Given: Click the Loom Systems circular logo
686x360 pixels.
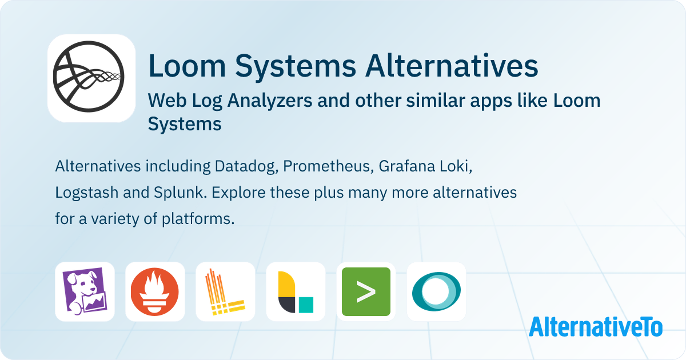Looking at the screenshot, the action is pos(89,77).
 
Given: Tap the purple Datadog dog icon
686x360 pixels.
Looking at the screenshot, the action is pos(85,291).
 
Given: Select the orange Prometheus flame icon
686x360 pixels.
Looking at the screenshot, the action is pos(155,292).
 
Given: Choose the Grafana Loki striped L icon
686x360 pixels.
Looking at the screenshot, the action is pos(225,292).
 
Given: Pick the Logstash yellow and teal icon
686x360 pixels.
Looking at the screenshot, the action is pos(296,292).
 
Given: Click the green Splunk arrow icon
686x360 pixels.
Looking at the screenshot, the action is pos(366,292).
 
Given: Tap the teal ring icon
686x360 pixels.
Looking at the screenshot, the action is pos(436,292).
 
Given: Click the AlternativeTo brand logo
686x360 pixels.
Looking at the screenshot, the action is pos(596,327).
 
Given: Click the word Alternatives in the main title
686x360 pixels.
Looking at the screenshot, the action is pos(452,66).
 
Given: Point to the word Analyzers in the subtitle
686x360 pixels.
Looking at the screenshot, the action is pos(269,101).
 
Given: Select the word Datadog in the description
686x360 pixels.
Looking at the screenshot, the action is pos(246,166).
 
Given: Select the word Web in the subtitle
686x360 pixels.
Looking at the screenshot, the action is pos(167,101).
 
